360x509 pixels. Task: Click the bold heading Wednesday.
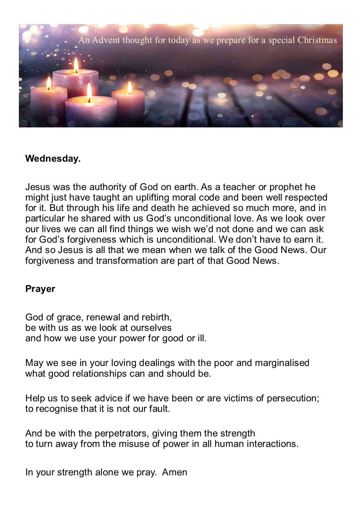(x=53, y=159)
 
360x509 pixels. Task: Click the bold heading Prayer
(x=40, y=289)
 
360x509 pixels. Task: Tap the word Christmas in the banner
(x=317, y=40)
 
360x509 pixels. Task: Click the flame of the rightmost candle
(x=129, y=88)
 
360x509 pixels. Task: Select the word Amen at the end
(x=174, y=472)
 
